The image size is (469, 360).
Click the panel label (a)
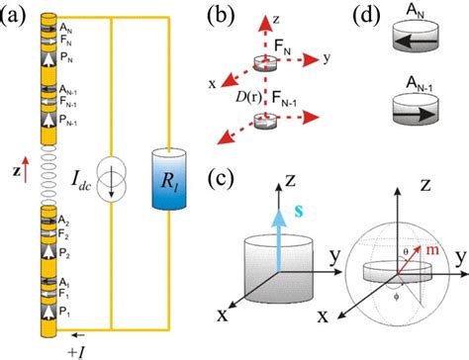click(x=15, y=14)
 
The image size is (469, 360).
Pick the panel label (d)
click(x=372, y=14)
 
